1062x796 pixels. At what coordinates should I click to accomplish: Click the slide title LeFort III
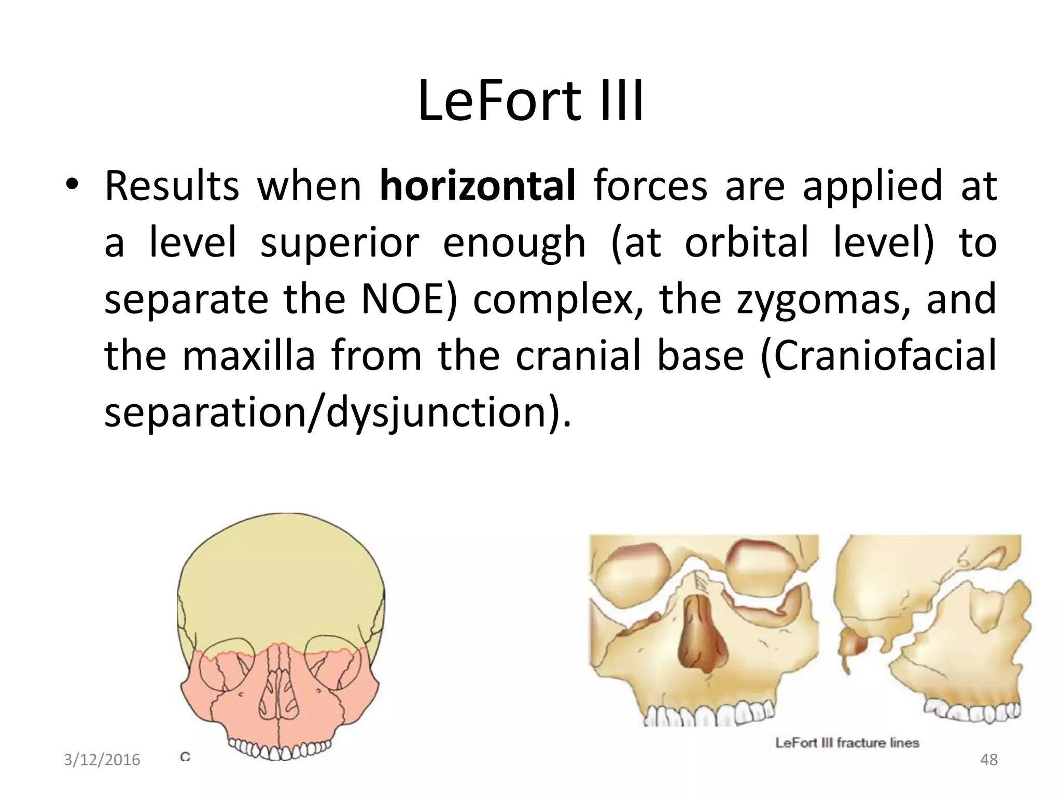point(530,102)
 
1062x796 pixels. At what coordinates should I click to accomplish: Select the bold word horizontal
point(477,187)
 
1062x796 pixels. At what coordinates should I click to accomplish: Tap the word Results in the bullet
point(171,187)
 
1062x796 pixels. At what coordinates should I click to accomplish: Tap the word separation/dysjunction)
point(337,413)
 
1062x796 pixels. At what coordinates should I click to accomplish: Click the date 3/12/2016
point(102,760)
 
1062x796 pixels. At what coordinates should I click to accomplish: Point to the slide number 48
point(989,760)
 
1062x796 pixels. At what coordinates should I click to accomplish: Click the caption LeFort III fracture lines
point(847,743)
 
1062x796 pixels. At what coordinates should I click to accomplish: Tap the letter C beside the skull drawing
point(185,757)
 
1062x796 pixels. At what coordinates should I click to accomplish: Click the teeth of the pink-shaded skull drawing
point(280,749)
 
